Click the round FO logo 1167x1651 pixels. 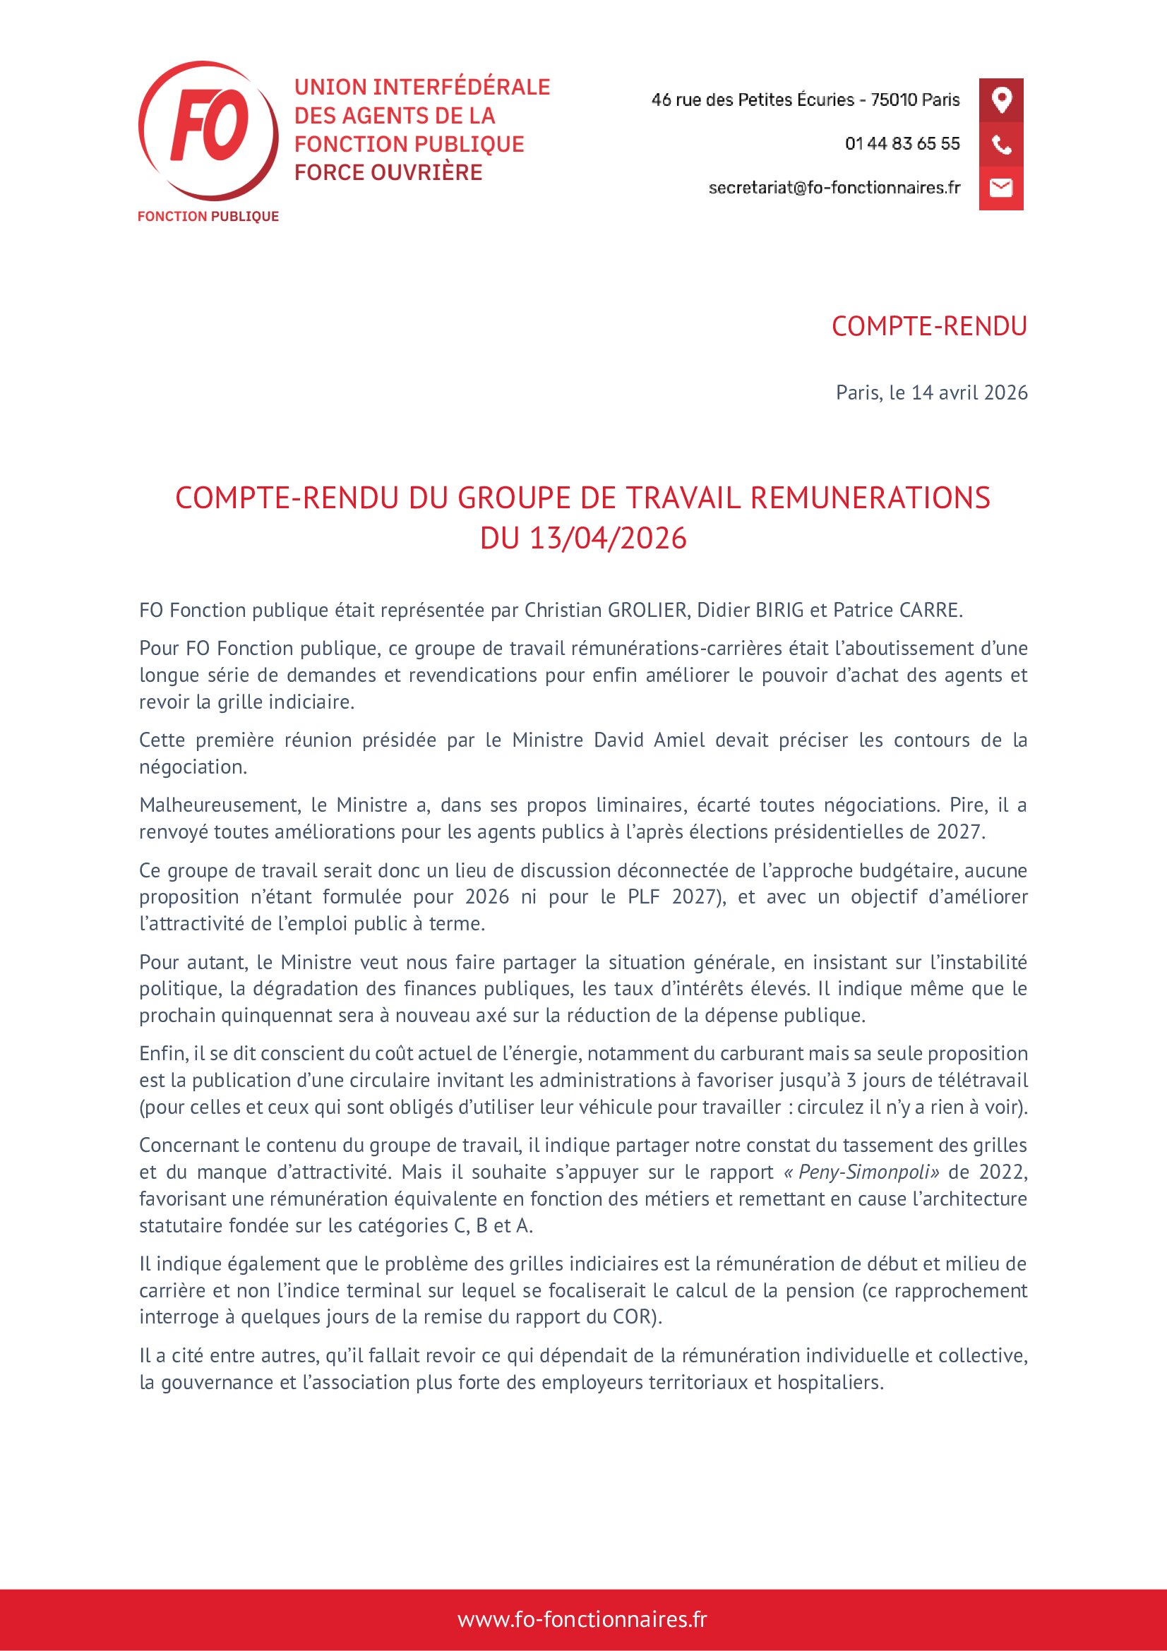click(x=208, y=130)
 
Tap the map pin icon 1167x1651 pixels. click(x=1001, y=100)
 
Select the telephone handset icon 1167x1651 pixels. click(x=1001, y=145)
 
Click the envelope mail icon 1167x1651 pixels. click(x=1001, y=188)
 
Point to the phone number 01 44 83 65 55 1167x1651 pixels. click(x=902, y=144)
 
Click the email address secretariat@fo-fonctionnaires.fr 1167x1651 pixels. click(x=833, y=188)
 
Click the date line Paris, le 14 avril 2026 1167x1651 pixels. click(x=931, y=392)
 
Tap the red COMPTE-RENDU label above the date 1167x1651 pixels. click(x=929, y=327)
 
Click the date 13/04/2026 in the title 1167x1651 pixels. click(x=608, y=539)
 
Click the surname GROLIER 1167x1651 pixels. click(x=647, y=611)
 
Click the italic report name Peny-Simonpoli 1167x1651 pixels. click(x=868, y=1172)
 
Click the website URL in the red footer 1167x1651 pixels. click(x=582, y=1619)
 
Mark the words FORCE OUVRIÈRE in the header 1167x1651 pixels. click(x=388, y=172)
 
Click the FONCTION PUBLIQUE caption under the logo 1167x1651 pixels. click(x=208, y=217)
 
